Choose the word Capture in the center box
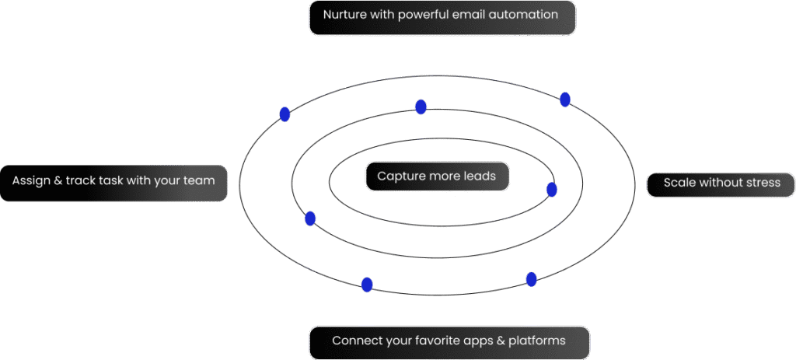click(x=400, y=176)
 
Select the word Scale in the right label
click(x=679, y=183)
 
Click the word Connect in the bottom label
click(x=355, y=341)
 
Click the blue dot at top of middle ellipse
click(x=421, y=107)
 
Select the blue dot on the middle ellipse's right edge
click(x=552, y=189)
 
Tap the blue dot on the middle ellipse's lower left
click(x=310, y=218)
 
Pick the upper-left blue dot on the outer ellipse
click(x=285, y=114)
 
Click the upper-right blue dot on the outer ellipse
click(x=565, y=100)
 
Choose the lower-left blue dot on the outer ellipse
click(x=367, y=285)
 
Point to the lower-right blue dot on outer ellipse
click(x=532, y=279)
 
